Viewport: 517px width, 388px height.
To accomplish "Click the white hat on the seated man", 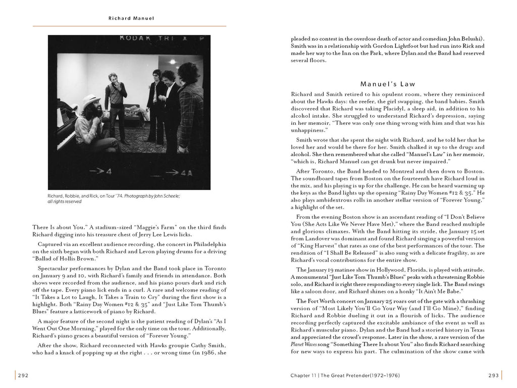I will tap(91, 100).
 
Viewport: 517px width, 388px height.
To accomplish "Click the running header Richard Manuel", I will tap(131, 18).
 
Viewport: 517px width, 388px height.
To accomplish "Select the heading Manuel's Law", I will tap(388, 84).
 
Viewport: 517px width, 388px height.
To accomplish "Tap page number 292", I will tap(23, 375).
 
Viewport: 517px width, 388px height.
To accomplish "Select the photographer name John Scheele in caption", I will tap(160, 196).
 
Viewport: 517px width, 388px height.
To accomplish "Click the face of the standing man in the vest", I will tap(113, 79).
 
